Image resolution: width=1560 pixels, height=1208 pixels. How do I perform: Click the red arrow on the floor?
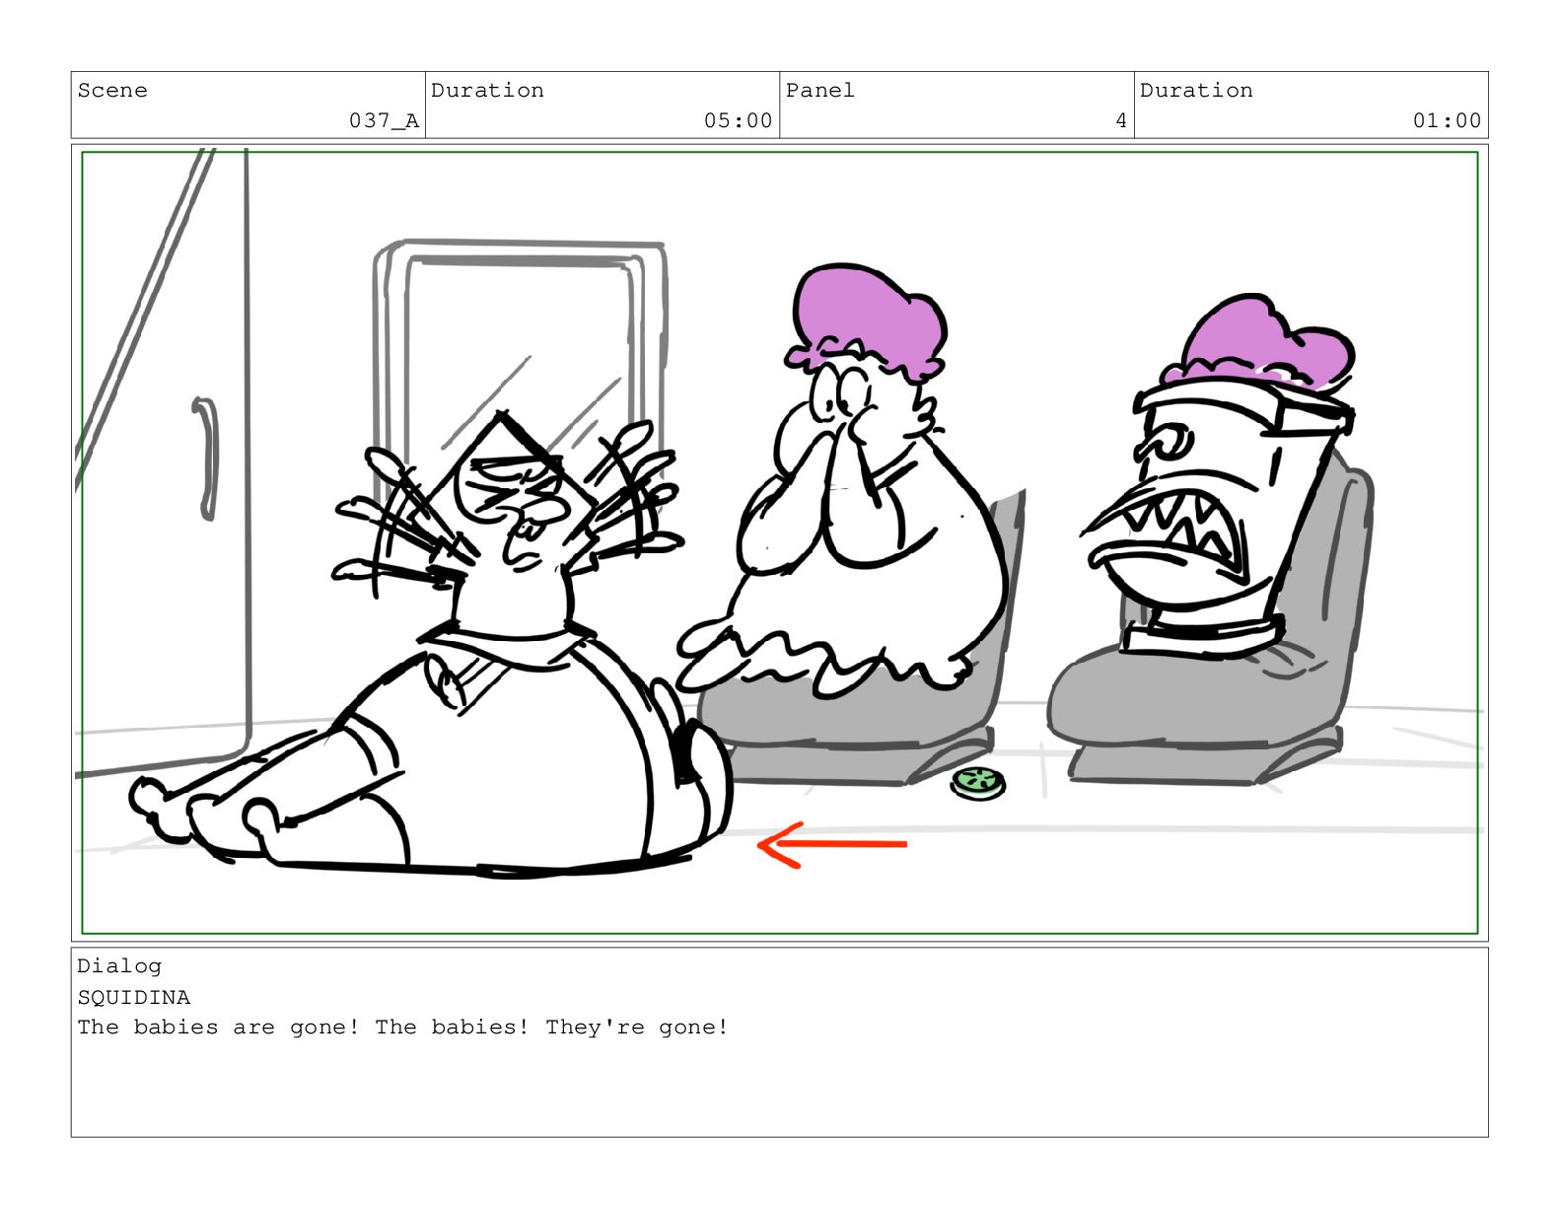point(831,844)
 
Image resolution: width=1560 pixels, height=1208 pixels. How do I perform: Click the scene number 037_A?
point(384,120)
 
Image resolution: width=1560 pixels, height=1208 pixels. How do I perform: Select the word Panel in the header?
point(819,91)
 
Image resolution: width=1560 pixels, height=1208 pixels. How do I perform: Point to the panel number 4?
point(1120,120)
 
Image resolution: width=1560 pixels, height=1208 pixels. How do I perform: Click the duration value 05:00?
point(738,120)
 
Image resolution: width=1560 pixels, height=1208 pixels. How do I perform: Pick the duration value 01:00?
point(1447,120)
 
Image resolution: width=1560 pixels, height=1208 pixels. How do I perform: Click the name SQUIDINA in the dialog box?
point(133,998)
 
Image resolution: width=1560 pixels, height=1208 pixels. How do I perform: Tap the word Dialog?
point(119,966)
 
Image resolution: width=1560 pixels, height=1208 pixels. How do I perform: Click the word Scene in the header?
point(112,91)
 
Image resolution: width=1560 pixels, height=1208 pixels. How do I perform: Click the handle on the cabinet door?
point(207,459)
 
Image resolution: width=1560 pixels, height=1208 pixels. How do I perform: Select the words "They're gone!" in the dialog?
point(637,1028)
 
